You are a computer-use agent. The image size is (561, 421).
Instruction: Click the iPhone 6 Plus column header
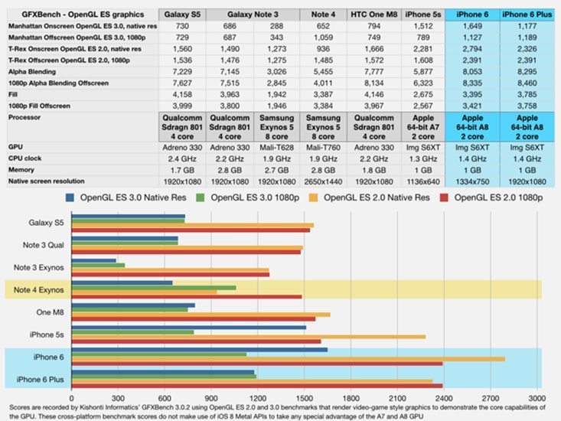pos(528,14)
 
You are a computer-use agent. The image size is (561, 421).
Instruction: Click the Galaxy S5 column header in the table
pos(182,14)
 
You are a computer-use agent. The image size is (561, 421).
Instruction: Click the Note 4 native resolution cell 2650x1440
pos(322,181)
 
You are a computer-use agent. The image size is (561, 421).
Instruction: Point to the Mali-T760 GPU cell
pos(322,145)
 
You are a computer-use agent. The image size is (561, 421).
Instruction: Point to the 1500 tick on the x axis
pos(305,398)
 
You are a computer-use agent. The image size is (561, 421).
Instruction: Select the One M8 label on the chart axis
pos(48,312)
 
